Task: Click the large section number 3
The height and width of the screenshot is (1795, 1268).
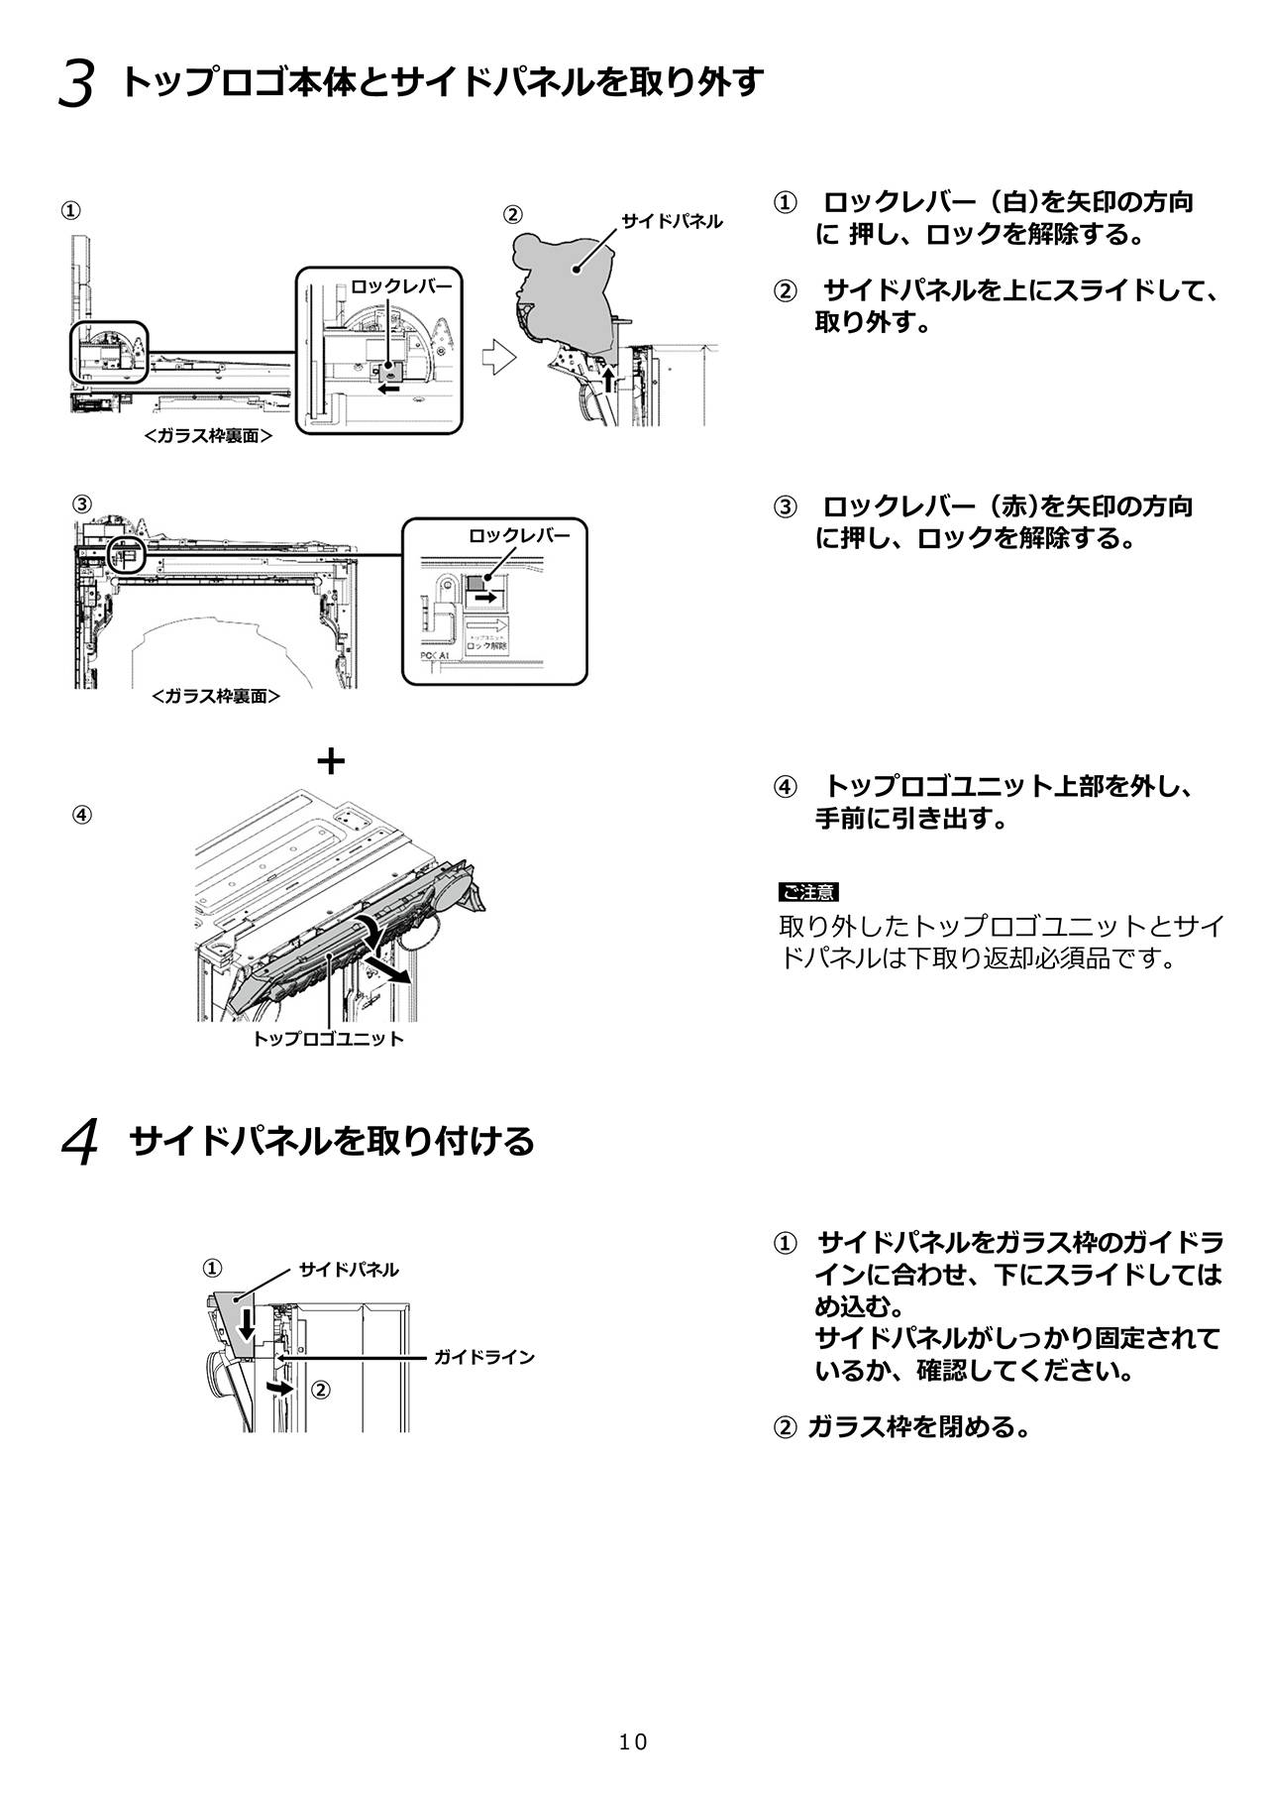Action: coord(76,84)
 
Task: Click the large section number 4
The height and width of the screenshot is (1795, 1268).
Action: coord(79,1144)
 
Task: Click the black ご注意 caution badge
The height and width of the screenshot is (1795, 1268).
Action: coord(809,892)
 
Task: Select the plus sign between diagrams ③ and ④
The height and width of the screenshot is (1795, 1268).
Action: coord(331,761)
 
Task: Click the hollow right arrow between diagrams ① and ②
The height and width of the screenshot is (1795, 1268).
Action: coord(498,358)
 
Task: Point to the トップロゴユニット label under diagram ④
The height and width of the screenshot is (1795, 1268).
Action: coord(328,1039)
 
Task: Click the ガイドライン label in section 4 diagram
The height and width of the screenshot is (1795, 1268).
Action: coord(484,1357)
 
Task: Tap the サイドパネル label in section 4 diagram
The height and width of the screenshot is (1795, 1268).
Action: coord(349,1269)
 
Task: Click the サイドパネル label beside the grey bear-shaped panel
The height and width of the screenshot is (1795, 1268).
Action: coord(672,221)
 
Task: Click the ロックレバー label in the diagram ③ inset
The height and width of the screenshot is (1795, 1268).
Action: coord(519,535)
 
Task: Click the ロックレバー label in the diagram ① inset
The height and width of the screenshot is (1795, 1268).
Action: coord(401,286)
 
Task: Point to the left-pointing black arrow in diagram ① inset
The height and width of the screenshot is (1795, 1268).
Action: coord(390,390)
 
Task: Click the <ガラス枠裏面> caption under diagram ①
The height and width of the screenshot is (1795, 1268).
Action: coord(208,434)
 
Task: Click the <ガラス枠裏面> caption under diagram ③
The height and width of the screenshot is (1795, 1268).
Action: coord(216,696)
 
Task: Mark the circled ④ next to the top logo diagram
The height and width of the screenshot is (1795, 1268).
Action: coord(82,815)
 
